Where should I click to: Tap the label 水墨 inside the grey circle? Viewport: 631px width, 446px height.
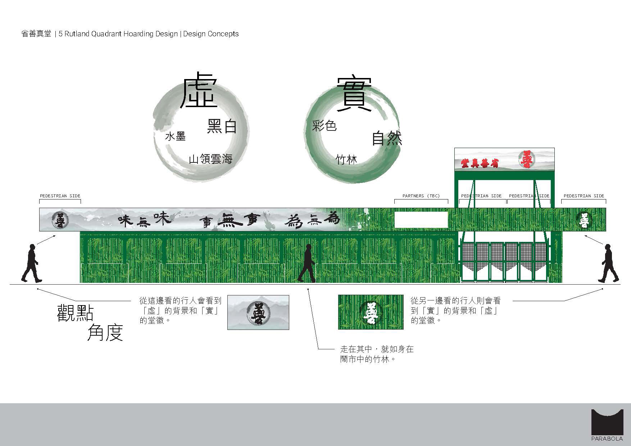click(175, 137)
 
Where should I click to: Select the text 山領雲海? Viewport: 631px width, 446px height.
click(211, 159)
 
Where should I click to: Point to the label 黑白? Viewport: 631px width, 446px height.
click(222, 127)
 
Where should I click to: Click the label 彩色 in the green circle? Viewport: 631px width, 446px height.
click(324, 126)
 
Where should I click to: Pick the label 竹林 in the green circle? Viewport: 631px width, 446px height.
click(346, 159)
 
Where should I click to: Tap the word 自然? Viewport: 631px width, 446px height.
click(387, 138)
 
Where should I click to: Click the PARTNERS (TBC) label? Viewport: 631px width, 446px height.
click(421, 196)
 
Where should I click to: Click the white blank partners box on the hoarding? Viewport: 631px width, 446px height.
click(421, 219)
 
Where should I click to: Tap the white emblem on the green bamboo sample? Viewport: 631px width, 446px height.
click(370, 312)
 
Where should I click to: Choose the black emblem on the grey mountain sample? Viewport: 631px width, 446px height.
click(258, 312)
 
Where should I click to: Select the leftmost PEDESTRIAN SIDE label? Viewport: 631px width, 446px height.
click(60, 196)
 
